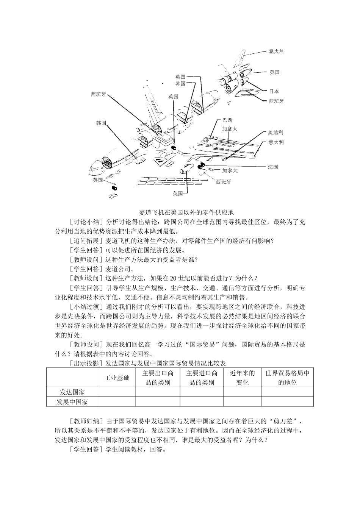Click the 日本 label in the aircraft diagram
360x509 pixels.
click(x=274, y=91)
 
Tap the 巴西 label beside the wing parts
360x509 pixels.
click(x=227, y=120)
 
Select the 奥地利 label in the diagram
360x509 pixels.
click(x=275, y=132)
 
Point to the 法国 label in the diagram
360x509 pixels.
click(x=273, y=167)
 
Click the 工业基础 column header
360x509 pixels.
click(x=117, y=378)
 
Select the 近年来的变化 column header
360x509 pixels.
click(x=242, y=378)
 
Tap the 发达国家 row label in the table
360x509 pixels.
click(x=72, y=392)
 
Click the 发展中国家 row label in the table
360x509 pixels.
click(x=72, y=402)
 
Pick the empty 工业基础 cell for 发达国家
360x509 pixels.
click(x=117, y=392)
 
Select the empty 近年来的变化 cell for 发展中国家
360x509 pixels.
click(x=242, y=402)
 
